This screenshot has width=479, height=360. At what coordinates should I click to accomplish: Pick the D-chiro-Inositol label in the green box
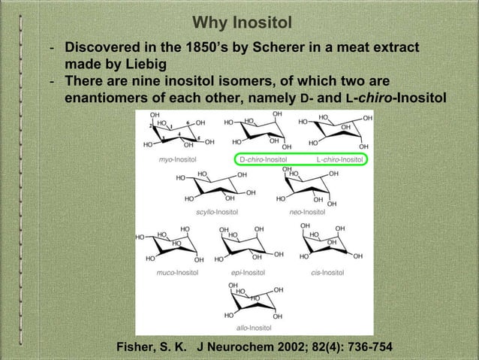pyautogui.click(x=264, y=159)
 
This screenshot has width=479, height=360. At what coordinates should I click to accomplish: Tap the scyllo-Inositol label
pyautogui.click(x=217, y=213)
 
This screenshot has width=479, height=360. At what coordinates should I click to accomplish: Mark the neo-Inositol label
pyautogui.click(x=307, y=213)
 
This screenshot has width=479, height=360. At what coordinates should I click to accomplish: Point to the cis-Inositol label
pyautogui.click(x=327, y=272)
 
